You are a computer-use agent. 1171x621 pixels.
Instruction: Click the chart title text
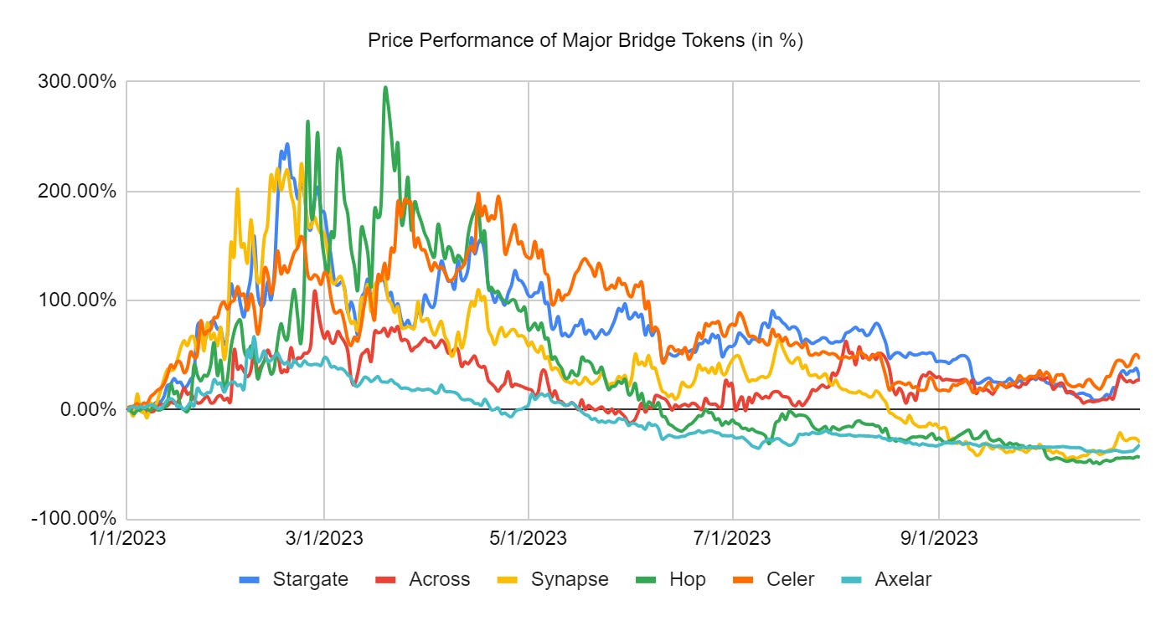tap(585, 41)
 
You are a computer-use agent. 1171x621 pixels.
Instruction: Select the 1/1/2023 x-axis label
tap(129, 538)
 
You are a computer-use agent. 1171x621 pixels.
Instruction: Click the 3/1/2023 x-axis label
tap(324, 538)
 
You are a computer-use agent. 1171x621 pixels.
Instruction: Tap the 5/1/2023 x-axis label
tap(529, 538)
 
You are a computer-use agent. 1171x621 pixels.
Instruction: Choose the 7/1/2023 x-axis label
tap(733, 538)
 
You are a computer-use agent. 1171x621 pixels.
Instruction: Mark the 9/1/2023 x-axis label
tap(938, 538)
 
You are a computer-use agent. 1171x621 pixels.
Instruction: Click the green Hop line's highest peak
tap(385, 88)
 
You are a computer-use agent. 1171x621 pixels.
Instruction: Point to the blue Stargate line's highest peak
tap(287, 145)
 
